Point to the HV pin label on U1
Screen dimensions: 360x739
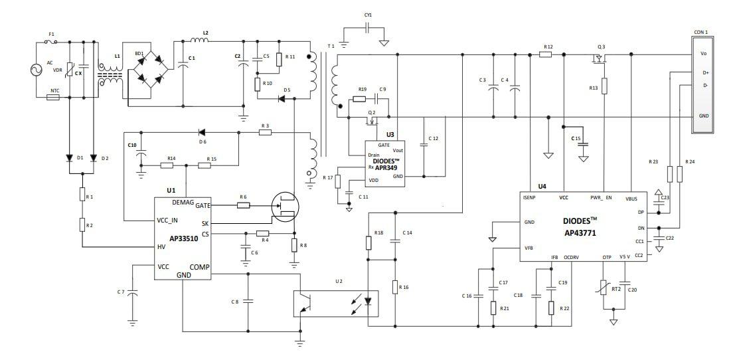click(x=161, y=247)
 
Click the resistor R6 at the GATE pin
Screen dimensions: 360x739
click(x=243, y=206)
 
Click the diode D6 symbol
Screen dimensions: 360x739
click(x=202, y=132)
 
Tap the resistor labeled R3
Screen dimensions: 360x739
click(x=265, y=132)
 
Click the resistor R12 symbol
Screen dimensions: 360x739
click(x=546, y=54)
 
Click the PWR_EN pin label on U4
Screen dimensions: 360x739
click(x=602, y=197)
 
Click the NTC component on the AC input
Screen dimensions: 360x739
click(x=54, y=98)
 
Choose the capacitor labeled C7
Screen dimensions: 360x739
click(x=133, y=292)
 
